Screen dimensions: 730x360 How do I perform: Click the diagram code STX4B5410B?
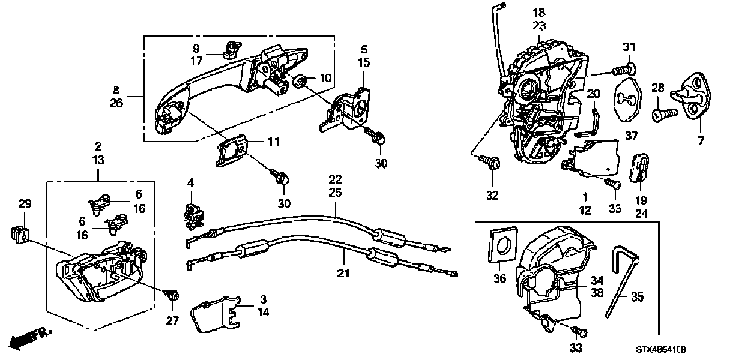[x=661, y=350]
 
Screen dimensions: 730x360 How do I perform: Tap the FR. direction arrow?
[x=29, y=339]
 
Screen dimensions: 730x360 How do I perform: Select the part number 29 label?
[x=25, y=204]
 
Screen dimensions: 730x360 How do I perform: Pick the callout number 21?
[x=343, y=273]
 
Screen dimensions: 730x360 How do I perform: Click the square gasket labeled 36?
[x=503, y=245]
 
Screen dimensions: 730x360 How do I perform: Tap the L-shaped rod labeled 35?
[x=622, y=281]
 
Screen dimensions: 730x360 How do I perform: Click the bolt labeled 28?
[x=665, y=115]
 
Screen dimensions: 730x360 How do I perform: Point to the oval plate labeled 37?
[x=628, y=100]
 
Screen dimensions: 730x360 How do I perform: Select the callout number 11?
[x=273, y=142]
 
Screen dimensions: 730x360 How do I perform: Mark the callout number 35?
[x=637, y=297]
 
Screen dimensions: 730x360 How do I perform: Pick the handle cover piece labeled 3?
[x=215, y=314]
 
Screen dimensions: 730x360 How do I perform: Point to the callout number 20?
[x=593, y=94]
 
